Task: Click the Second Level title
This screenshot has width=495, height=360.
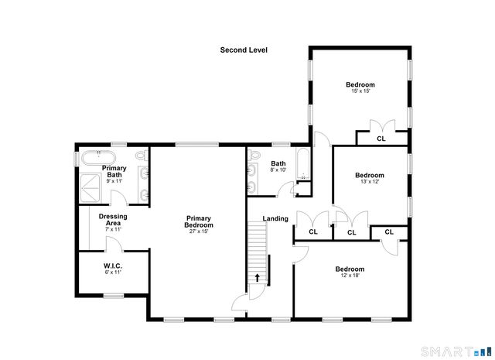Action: point(243,50)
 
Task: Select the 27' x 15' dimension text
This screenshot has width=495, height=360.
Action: point(199,231)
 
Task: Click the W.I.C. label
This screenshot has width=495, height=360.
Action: point(114,266)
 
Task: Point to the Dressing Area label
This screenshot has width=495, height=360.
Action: point(113,221)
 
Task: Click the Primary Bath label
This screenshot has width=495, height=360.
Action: point(114,172)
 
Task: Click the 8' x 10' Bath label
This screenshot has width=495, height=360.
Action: point(278,169)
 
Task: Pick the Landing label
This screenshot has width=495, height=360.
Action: point(275,218)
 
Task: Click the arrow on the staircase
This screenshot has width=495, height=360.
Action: point(258,277)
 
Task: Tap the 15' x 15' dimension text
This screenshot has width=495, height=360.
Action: point(360,91)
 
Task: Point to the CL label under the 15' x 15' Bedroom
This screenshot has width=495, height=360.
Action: point(381,139)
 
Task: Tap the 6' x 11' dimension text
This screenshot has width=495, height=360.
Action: point(114,273)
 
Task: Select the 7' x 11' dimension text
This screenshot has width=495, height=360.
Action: point(113,230)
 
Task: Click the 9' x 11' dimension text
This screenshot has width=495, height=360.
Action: point(114,180)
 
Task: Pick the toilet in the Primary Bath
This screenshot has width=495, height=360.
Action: point(142,156)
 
